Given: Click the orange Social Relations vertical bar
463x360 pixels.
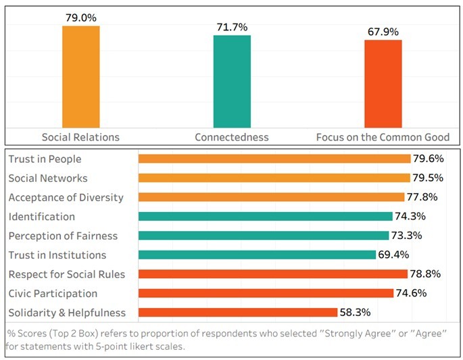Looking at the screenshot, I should pyautogui.click(x=80, y=76).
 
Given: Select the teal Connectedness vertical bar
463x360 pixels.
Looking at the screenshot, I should pyautogui.click(x=232, y=81).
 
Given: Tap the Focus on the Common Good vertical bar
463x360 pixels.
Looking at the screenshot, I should pyautogui.click(x=383, y=83).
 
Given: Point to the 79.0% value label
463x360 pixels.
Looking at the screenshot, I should pyautogui.click(x=80, y=15).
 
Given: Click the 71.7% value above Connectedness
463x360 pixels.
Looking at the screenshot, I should pyautogui.click(x=232, y=27).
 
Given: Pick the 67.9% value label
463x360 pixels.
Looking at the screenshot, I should pyautogui.click(x=383, y=32).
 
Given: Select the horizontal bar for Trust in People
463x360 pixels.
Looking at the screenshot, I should pyautogui.click(x=274, y=159).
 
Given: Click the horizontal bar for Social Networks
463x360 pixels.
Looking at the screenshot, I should pyautogui.click(x=274, y=178).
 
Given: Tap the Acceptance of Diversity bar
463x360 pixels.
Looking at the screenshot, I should pyautogui.click(x=271, y=197).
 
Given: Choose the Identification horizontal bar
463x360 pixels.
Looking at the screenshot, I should pyautogui.click(x=265, y=216).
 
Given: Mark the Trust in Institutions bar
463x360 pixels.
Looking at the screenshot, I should pyautogui.click(x=257, y=255).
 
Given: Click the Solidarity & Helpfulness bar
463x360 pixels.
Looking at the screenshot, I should pyautogui.click(x=238, y=312).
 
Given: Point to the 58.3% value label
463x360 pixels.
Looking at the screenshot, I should pyautogui.click(x=355, y=313).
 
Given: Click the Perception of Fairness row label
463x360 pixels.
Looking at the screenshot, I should pyautogui.click(x=63, y=236).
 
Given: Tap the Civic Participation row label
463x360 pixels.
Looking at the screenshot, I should pyautogui.click(x=53, y=293).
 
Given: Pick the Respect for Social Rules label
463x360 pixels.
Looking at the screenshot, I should pyautogui.click(x=66, y=274).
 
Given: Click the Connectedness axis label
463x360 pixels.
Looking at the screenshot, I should pyautogui.click(x=232, y=137).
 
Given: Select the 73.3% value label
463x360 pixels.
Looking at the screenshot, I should pyautogui.click(x=408, y=236).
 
